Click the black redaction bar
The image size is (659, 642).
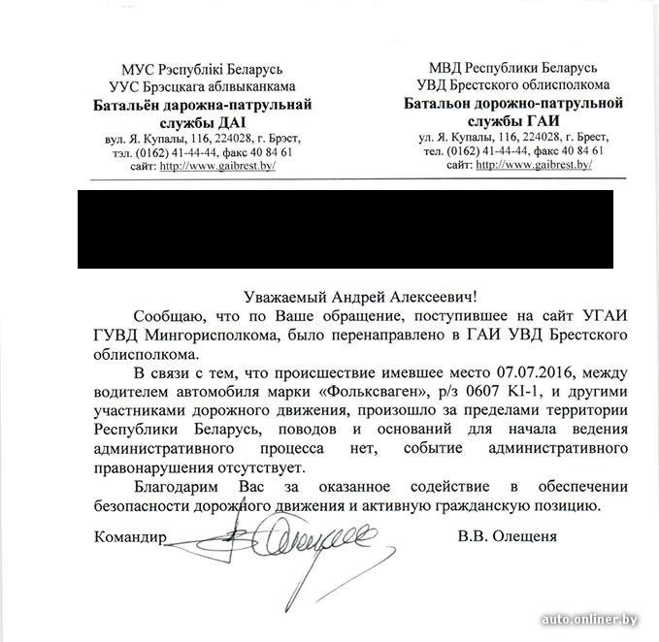(x=345, y=230)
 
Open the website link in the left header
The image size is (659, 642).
(x=218, y=166)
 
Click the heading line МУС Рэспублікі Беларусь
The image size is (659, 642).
(x=202, y=70)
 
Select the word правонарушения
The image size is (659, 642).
(x=153, y=466)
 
